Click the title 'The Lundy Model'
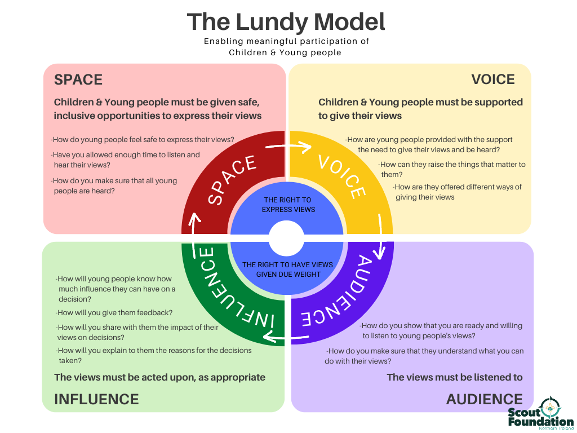[x=286, y=22]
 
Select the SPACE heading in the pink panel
[x=78, y=79]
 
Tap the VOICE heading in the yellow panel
[x=493, y=79]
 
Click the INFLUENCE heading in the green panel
[x=96, y=399]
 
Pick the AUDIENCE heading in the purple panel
[x=484, y=399]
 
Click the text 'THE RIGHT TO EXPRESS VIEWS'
[x=287, y=205]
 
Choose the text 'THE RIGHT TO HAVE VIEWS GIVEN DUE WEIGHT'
[x=287, y=269]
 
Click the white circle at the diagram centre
[x=286, y=238]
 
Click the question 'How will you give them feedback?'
[x=114, y=312]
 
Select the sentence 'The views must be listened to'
[x=455, y=377]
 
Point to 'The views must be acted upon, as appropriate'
[x=159, y=377]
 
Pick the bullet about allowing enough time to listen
[x=125, y=160]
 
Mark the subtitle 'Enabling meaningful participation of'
[x=286, y=41]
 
